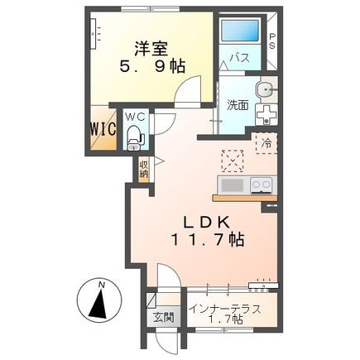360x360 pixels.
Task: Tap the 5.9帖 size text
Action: [150, 66]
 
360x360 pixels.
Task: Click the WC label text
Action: [135, 117]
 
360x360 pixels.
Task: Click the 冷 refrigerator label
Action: [267, 142]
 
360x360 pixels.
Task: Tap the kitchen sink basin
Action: [231, 184]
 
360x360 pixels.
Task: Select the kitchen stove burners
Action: [262, 185]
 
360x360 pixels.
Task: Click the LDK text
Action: [206, 223]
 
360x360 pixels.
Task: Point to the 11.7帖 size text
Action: [207, 241]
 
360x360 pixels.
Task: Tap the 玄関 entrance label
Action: [160, 316]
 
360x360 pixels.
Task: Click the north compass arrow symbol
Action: [101, 305]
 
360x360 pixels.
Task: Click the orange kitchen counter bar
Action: [243, 197]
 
